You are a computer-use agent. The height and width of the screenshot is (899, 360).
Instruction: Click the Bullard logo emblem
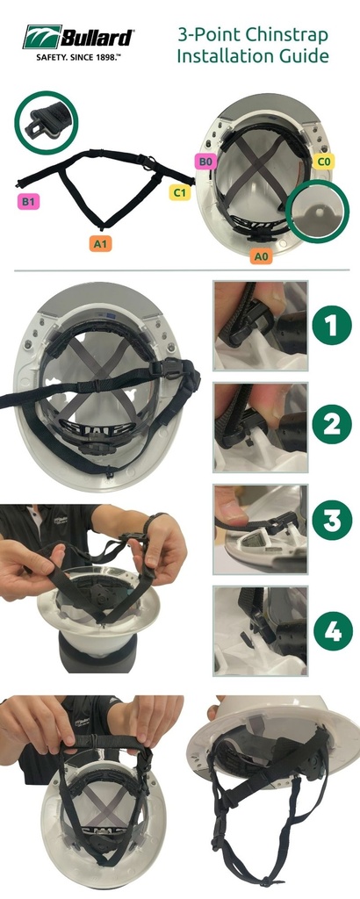(x=42, y=37)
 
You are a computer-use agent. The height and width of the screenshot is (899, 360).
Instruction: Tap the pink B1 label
(x=27, y=201)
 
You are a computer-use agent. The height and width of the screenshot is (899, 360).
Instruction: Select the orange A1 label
(x=100, y=244)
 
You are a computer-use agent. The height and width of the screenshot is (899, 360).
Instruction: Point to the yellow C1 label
(x=180, y=192)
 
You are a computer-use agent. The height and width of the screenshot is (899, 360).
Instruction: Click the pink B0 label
(x=206, y=162)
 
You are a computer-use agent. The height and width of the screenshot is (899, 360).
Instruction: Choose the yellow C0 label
(x=324, y=162)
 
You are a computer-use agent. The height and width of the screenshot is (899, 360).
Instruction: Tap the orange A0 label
(x=261, y=257)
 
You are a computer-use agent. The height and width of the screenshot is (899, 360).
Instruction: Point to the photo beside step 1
(x=260, y=325)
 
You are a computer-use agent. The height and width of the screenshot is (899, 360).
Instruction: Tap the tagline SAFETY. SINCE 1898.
(x=75, y=58)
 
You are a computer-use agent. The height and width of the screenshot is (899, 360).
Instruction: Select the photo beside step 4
(x=260, y=630)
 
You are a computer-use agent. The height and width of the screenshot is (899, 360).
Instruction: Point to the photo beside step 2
(x=260, y=428)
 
